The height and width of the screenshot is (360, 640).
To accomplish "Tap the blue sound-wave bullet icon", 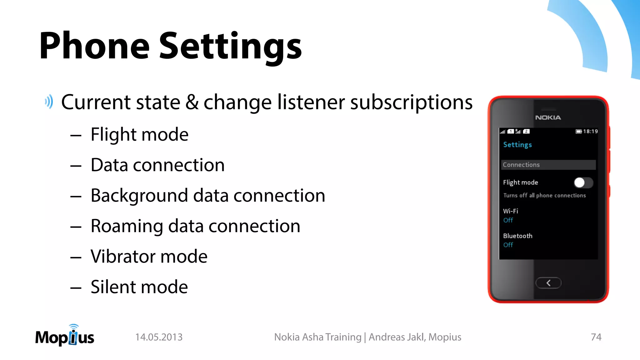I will click(x=49, y=102).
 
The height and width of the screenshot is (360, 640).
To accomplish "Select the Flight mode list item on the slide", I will click(x=139, y=134).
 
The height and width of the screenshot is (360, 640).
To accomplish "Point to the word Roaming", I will click(x=127, y=226).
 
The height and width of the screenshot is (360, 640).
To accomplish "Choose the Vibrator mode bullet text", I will click(x=149, y=257).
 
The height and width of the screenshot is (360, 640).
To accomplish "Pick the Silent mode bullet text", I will click(x=139, y=287).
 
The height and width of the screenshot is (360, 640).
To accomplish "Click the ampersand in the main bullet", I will click(x=192, y=102).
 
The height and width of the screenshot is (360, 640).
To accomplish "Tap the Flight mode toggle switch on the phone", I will click(x=583, y=182).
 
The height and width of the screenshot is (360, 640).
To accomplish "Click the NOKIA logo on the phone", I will click(x=548, y=117).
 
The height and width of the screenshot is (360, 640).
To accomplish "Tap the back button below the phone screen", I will click(x=548, y=283).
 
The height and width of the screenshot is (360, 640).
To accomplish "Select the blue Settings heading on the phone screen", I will click(x=517, y=145).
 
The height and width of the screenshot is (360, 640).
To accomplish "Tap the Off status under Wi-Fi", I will click(x=508, y=220).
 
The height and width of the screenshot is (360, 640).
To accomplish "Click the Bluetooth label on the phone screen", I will click(x=517, y=236).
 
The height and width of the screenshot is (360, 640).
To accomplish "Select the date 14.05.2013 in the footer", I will click(x=159, y=337).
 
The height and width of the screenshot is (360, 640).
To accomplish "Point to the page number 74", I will click(x=596, y=337).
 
